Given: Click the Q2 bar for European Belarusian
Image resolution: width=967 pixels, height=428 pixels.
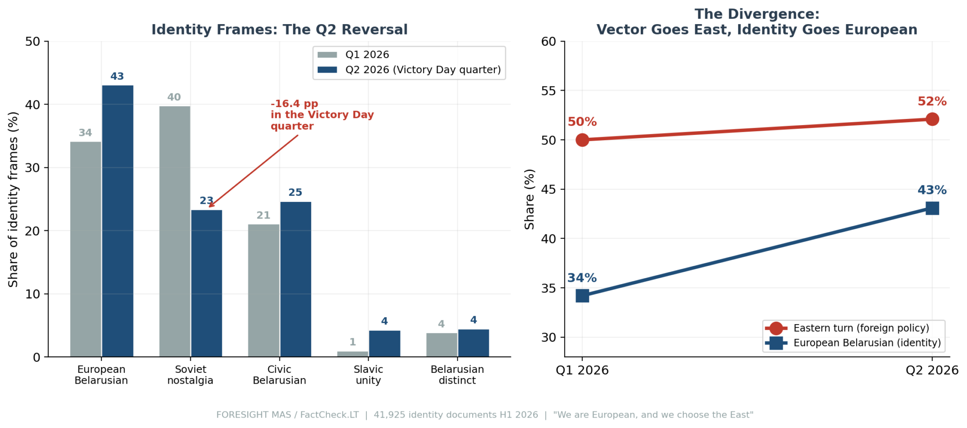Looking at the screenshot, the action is tap(118, 221).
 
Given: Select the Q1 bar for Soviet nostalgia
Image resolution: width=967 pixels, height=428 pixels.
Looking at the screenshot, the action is tap(175, 231).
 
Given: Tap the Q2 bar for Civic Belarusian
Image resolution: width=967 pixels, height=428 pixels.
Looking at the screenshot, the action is tap(296, 279).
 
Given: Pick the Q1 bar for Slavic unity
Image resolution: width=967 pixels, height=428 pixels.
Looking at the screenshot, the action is tap(353, 354).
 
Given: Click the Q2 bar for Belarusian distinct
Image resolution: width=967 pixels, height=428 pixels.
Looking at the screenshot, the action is tap(474, 343).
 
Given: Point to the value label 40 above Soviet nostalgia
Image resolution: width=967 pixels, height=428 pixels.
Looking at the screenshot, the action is tap(174, 97).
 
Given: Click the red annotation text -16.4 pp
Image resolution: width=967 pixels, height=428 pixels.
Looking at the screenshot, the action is tap(295, 104).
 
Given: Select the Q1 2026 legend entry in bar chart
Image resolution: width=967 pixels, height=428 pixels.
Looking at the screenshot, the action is tap(353, 55).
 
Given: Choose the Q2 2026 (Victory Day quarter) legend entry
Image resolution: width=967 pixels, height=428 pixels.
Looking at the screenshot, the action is tap(409, 70).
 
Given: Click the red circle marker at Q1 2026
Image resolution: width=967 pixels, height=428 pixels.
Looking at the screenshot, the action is tap(582, 140).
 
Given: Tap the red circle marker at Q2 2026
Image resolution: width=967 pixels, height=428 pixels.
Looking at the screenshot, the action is tap(932, 119).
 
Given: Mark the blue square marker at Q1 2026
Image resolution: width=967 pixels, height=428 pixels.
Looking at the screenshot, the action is tap(582, 296).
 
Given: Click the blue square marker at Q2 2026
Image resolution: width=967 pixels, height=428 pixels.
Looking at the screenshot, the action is tap(932, 208).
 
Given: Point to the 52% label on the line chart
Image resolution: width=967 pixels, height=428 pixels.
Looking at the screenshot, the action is tap(932, 101).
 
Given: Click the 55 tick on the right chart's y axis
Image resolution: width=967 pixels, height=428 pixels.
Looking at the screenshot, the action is tap(549, 91).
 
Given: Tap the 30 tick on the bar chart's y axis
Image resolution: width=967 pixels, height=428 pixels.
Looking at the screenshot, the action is tap(33, 168).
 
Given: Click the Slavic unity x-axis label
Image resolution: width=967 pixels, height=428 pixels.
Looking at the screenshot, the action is tap(368, 375).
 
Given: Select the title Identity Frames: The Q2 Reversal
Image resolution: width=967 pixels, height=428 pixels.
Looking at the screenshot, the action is tap(280, 30).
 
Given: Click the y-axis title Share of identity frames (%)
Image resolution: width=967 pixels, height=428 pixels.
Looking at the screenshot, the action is tap(13, 199).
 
